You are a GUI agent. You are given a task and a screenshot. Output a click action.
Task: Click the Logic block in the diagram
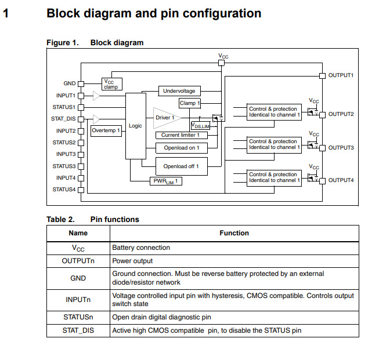pyautogui.click(x=135, y=125)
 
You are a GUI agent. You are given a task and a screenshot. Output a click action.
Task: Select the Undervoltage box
pyautogui.click(x=179, y=91)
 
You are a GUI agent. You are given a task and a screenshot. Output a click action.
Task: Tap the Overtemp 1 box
pyautogui.click(x=106, y=131)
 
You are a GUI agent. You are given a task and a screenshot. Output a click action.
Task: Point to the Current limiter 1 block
pyautogui.click(x=180, y=135)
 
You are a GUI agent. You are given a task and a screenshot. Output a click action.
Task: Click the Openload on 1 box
pyautogui.click(x=181, y=148)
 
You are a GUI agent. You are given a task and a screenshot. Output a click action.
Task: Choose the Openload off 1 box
pyautogui.click(x=181, y=166)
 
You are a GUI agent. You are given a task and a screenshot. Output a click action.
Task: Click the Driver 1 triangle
pyautogui.click(x=165, y=118)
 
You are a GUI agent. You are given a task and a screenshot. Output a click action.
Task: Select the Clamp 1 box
pyautogui.click(x=190, y=103)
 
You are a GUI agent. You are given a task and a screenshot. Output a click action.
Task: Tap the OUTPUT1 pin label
pyautogui.click(x=341, y=76)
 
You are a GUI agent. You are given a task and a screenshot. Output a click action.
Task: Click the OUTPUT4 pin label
pyautogui.click(x=341, y=180)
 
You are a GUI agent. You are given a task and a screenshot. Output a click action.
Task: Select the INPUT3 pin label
pyautogui.click(x=66, y=154)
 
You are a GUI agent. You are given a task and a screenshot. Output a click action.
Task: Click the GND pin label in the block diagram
pyautogui.click(x=70, y=83)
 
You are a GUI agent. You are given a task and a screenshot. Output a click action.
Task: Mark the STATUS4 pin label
pyautogui.click(x=64, y=190)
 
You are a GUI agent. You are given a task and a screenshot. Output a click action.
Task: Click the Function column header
pyautogui.click(x=234, y=233)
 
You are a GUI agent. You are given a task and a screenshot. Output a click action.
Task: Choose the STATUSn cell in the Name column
pyautogui.click(x=78, y=317)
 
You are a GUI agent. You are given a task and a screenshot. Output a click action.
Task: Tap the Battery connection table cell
pyautogui.click(x=141, y=248)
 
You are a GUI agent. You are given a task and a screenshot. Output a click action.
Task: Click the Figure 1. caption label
pyautogui.click(x=62, y=42)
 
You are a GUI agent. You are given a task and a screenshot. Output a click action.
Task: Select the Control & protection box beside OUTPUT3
pyautogui.click(x=274, y=144)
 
